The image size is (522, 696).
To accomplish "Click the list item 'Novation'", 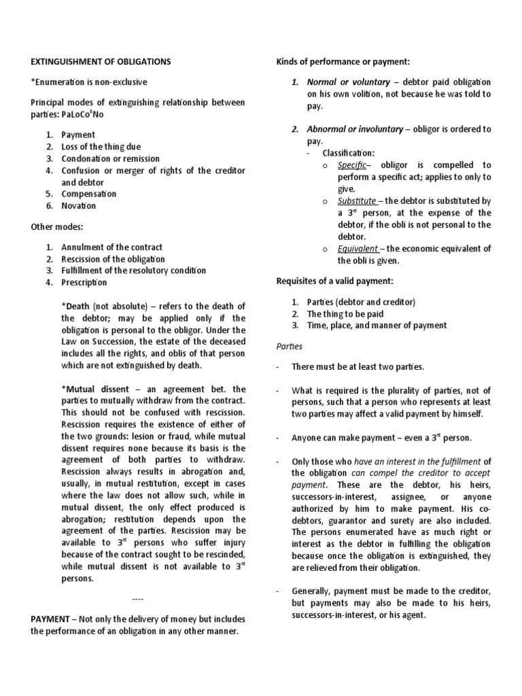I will pos(79,206).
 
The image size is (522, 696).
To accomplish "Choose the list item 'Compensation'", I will pos(89,194).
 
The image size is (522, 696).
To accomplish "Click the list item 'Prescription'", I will pos(84,283).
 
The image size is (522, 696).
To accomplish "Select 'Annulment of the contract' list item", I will pos(112,247).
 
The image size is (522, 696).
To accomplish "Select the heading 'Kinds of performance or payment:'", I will pos(343,62).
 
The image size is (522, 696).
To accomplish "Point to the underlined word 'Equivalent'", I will pos(358,249).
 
